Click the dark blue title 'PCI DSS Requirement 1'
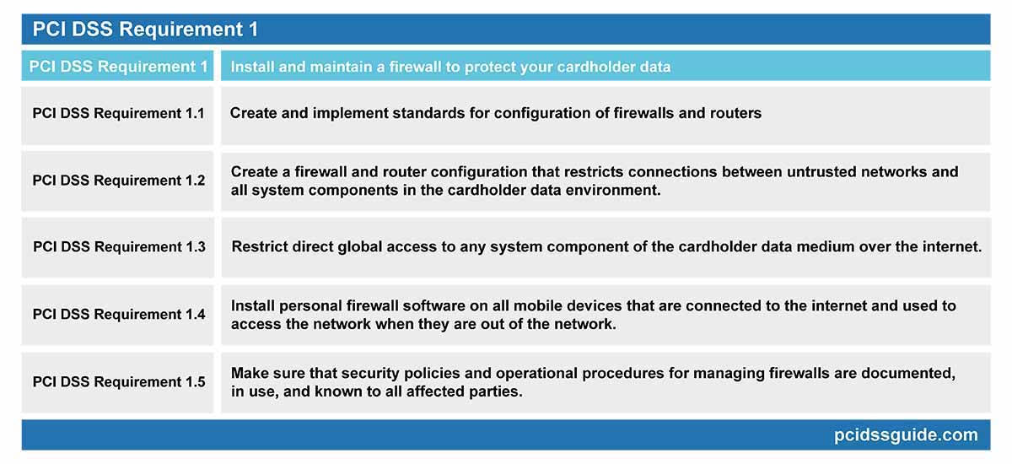(145, 30)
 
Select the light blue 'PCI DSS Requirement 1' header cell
(118, 66)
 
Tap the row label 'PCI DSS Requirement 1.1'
(119, 113)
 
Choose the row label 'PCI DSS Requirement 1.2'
(119, 180)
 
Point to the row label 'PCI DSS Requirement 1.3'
(119, 246)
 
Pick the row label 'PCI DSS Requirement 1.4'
(119, 314)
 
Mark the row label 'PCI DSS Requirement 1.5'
(119, 381)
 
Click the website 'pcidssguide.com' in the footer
(905, 435)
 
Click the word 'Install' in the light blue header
(252, 67)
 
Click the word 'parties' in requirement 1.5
(493, 391)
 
